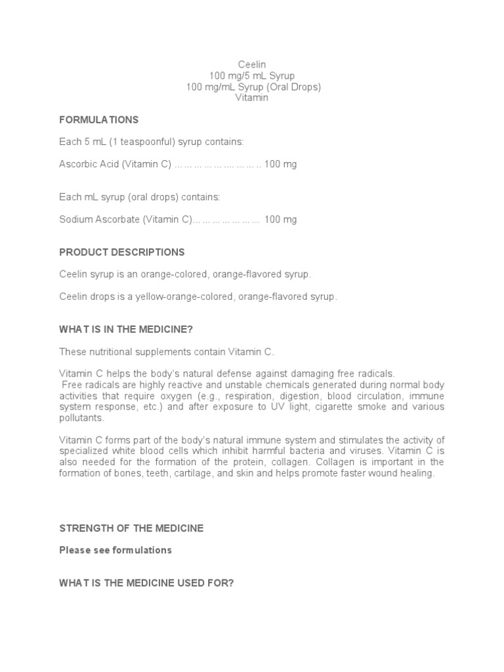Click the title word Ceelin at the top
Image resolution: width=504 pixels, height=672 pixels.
(252, 64)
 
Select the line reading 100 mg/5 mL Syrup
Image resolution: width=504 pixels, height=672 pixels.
(252, 75)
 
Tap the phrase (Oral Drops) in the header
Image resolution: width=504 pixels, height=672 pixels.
(295, 87)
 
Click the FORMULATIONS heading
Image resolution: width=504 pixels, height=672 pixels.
(99, 119)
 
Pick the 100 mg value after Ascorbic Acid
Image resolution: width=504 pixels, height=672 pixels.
(280, 164)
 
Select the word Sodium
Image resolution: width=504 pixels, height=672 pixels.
(74, 219)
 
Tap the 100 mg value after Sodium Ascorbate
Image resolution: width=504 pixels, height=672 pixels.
(280, 219)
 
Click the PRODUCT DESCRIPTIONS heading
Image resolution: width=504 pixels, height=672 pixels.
(122, 252)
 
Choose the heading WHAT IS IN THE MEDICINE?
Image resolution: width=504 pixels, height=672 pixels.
(126, 329)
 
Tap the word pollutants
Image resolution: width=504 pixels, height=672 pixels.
(81, 417)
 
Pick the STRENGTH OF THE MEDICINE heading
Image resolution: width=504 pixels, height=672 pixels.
(131, 528)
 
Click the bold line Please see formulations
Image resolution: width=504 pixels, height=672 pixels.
(115, 550)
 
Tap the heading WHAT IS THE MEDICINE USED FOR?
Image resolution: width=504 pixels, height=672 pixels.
(146, 583)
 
